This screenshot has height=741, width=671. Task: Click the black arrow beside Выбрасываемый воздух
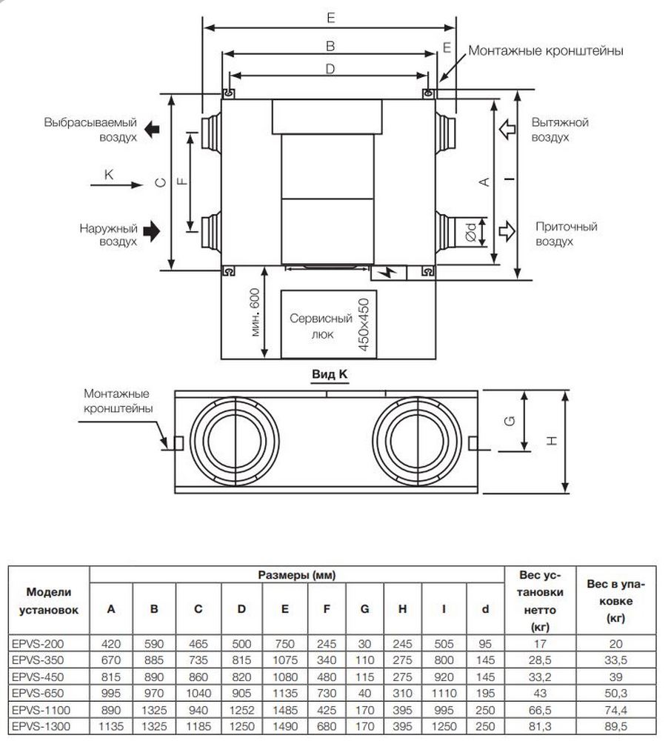[x=152, y=129]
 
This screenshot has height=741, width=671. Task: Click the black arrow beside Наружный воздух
[x=152, y=231]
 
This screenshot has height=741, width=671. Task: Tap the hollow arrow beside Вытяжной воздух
[x=507, y=129]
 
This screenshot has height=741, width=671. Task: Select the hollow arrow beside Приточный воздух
[x=507, y=231]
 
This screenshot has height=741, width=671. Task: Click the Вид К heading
[x=329, y=375]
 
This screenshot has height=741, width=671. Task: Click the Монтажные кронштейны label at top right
[x=545, y=51]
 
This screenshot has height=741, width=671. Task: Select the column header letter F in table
[x=327, y=610]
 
